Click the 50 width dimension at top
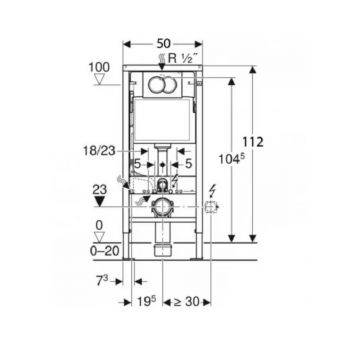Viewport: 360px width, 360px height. click(x=163, y=44)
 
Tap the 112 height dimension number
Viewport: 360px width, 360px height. click(x=253, y=142)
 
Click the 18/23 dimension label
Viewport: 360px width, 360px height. click(x=99, y=151)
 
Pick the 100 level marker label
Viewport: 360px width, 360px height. click(x=99, y=67)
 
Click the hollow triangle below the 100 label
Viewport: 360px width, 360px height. click(x=99, y=80)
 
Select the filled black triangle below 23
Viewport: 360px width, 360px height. click(x=99, y=201)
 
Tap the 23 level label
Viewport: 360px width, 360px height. click(x=99, y=190)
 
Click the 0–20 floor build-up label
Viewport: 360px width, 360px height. click(x=104, y=251)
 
